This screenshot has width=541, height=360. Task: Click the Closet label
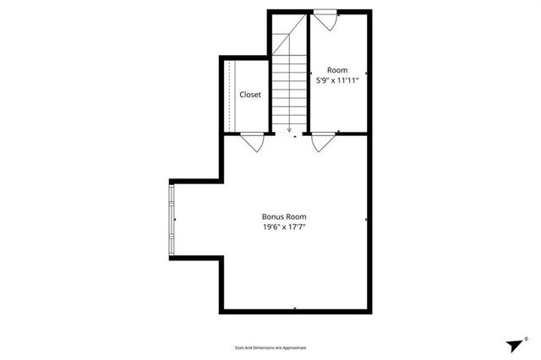[x=250, y=95]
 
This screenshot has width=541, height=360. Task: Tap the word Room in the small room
[x=337, y=70]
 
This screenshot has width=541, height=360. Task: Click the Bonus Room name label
[x=283, y=215]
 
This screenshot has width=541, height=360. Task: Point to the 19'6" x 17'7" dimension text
[x=283, y=226]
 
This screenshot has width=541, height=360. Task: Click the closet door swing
[x=252, y=142]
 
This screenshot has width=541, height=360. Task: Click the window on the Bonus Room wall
[x=172, y=220]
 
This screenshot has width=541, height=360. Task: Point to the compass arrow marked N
[x=516, y=345]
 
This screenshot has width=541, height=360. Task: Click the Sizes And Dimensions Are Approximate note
[x=270, y=347]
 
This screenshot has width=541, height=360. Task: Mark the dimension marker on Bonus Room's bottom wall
[x=293, y=309]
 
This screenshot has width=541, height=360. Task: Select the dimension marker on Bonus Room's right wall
[x=366, y=220]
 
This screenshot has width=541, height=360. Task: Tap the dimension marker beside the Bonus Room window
[x=177, y=220]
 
